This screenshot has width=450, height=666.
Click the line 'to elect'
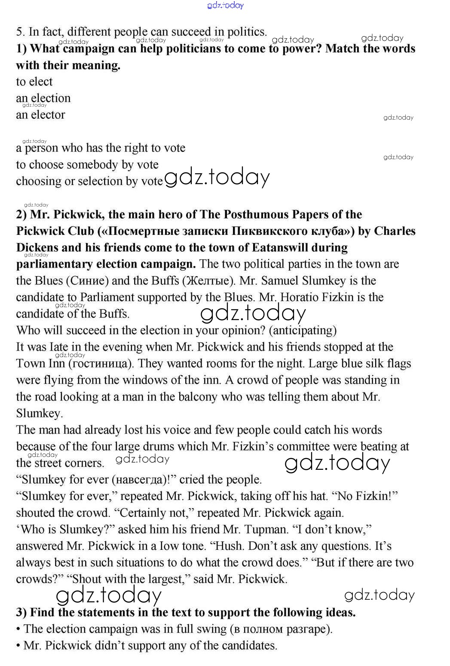[34, 82]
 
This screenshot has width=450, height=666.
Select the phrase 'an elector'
[40, 115]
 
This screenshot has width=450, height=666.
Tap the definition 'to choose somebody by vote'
[87, 165]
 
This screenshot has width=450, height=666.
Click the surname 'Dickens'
[37, 248]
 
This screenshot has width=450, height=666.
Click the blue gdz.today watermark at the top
[225, 5]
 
